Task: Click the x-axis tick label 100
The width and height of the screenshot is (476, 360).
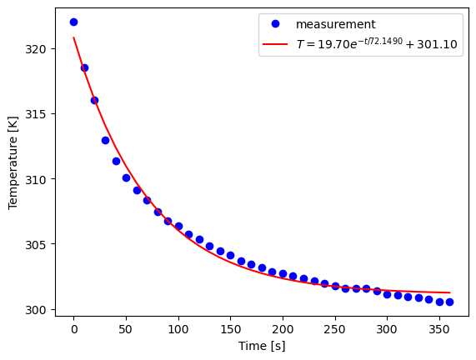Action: click(178, 328)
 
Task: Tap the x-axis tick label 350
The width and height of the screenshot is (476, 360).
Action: click(439, 328)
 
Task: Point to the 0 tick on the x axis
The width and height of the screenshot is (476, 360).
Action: click(73, 328)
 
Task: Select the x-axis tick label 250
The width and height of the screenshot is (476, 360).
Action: click(335, 328)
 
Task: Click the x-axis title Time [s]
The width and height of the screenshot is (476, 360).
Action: click(262, 345)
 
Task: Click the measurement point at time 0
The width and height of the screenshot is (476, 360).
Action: click(73, 22)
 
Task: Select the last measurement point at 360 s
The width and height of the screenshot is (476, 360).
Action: click(449, 302)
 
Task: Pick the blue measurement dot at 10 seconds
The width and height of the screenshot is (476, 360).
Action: click(84, 67)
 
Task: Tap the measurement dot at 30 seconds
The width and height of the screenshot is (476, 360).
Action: click(105, 140)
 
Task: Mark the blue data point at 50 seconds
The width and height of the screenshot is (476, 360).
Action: click(126, 177)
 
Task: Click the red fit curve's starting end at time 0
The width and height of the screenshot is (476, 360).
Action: click(73, 37)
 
